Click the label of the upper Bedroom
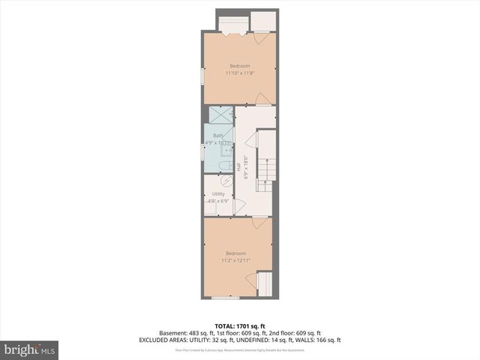240,67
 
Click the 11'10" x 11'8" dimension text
240,73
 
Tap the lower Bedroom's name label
235,254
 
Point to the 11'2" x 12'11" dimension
235,261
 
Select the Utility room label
218,194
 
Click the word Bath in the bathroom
217,136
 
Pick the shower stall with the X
220,115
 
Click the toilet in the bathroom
224,164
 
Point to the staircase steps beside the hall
267,173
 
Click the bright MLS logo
30,349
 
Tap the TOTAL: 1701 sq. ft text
240,326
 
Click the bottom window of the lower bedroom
225,298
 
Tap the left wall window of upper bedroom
202,78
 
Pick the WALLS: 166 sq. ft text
320,340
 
